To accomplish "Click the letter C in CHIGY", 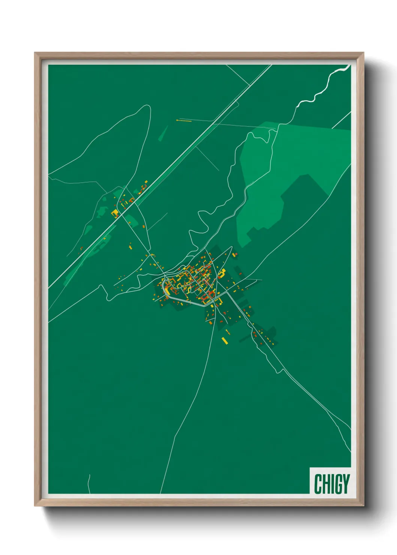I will tap(318, 484).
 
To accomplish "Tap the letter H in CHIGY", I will tap(326, 484).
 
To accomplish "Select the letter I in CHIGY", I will tap(332, 484).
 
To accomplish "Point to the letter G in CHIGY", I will tap(337, 484).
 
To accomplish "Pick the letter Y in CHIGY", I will tap(346, 484).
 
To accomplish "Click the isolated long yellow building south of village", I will tap(224, 340).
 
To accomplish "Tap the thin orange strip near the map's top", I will tap(184, 121).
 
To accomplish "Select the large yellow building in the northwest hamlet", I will tap(115, 213).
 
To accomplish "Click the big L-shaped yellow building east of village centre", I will tap(222, 273).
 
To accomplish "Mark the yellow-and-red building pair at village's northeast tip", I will tap(235, 255).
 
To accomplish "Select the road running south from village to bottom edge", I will tap(188, 405).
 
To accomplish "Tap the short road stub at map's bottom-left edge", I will tap(89, 484).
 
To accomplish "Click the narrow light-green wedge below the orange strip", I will tap(163, 133).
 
